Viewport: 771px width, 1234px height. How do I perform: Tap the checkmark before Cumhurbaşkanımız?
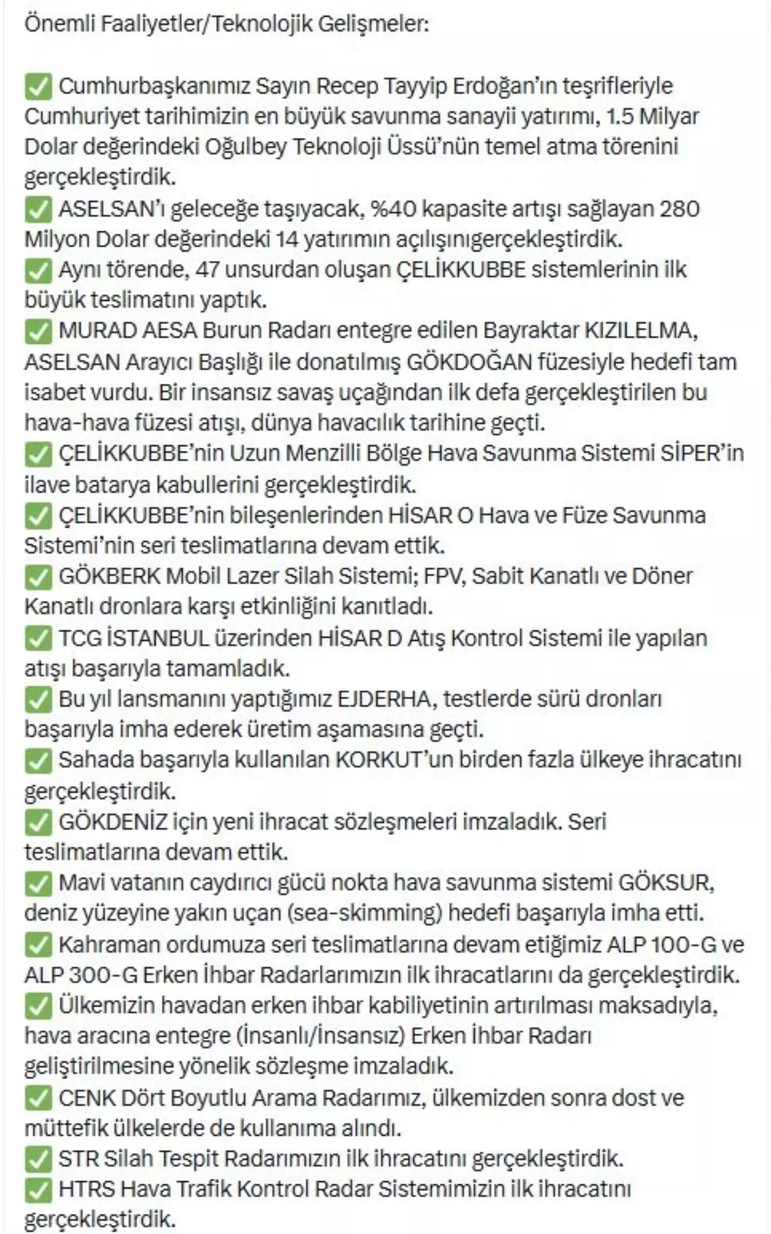[x=38, y=86]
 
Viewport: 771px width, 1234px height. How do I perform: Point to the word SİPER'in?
[x=702, y=454]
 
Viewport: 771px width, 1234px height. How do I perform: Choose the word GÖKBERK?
[x=109, y=576]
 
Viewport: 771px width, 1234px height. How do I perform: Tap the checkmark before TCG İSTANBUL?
[x=38, y=638]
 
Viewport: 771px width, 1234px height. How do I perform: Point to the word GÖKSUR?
[x=666, y=883]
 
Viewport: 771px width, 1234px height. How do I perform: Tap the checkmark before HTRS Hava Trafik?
[x=38, y=1190]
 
